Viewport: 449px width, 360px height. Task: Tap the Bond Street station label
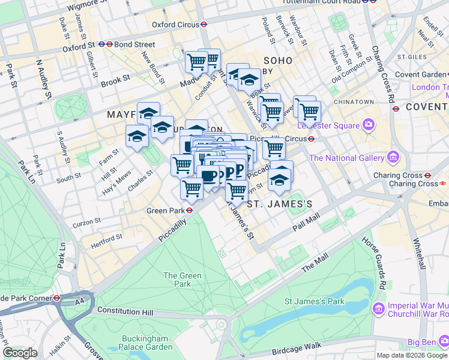click(x=136, y=44)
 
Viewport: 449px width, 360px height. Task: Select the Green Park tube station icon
click(x=188, y=211)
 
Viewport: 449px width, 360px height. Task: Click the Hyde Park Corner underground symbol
click(x=56, y=298)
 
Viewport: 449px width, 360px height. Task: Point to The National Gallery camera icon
click(x=394, y=158)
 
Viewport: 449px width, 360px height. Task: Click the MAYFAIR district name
click(x=127, y=114)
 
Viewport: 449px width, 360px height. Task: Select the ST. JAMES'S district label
click(x=280, y=204)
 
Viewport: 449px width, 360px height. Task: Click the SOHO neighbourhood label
click(x=276, y=60)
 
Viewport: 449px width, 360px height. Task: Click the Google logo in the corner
click(x=19, y=353)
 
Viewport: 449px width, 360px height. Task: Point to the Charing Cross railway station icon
click(x=442, y=184)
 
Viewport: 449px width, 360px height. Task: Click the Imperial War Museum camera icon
click(x=379, y=309)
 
